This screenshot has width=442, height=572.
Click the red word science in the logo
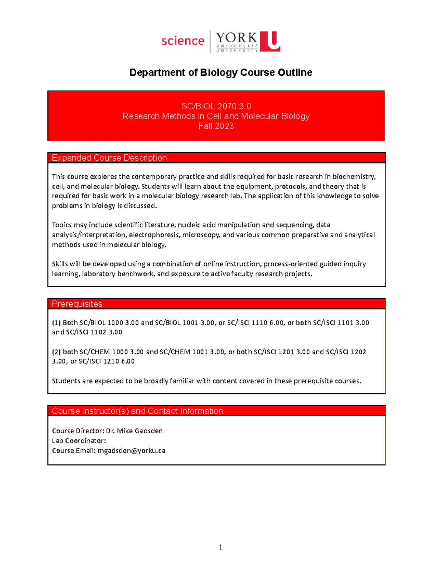pyautogui.click(x=183, y=41)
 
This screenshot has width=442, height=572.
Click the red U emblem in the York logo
pyautogui.click(x=270, y=41)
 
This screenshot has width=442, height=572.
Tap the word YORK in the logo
pyautogui.click(x=236, y=38)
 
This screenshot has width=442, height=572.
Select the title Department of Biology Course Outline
pyautogui.click(x=221, y=73)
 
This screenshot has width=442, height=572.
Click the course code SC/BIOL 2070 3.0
pyautogui.click(x=216, y=106)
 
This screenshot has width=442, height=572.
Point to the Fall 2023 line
pyautogui.click(x=216, y=126)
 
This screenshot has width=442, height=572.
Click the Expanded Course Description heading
pyautogui.click(x=109, y=158)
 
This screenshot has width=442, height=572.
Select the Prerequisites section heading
pyautogui.click(x=77, y=304)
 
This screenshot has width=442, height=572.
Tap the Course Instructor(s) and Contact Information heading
pyautogui.click(x=137, y=411)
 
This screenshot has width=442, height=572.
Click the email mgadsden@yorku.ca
pyautogui.click(x=131, y=451)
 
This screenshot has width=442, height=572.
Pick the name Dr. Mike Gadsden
pyautogui.click(x=134, y=431)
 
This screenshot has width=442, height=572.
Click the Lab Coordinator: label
pyautogui.click(x=79, y=441)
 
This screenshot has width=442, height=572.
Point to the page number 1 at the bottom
pyautogui.click(x=221, y=547)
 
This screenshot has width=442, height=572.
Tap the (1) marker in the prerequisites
pyautogui.click(x=56, y=323)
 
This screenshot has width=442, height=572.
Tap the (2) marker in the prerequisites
pyautogui.click(x=56, y=352)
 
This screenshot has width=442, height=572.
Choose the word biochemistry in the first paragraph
pyautogui.click(x=354, y=177)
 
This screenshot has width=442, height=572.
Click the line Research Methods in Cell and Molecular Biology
pyautogui.click(x=216, y=116)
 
